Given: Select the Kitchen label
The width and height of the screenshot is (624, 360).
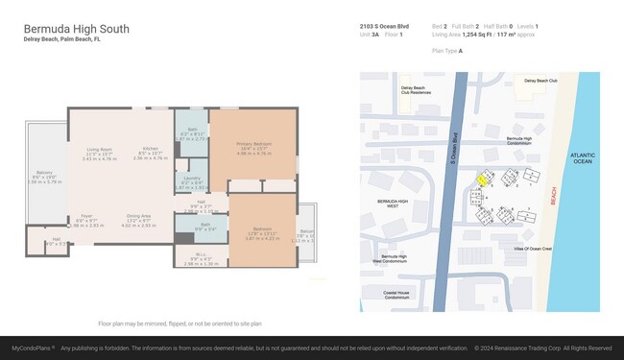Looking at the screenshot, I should point(150,150).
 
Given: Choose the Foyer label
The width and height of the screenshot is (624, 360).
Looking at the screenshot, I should point(86,217).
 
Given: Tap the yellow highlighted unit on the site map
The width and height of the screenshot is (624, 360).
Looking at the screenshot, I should point(483,179).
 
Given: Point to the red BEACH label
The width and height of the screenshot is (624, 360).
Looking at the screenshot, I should point(552,196).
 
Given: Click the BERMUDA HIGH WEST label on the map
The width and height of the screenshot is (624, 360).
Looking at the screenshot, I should point(395,204).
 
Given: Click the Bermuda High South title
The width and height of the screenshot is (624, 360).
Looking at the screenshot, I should point(76,29).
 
